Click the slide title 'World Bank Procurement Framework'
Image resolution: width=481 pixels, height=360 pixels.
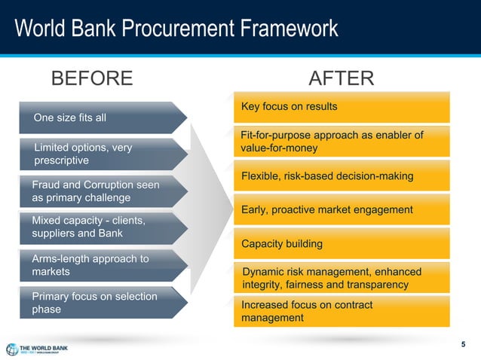tap(176, 29)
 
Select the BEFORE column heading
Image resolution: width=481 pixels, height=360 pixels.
tap(91, 78)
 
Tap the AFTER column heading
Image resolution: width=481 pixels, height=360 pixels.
tap(341, 78)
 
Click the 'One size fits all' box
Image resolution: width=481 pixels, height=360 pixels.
tap(98, 117)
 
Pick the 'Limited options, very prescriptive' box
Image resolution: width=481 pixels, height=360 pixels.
tap(98, 154)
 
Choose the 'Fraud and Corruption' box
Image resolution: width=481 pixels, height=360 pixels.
tap(98, 191)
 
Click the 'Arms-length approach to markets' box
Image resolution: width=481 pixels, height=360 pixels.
tap(98, 265)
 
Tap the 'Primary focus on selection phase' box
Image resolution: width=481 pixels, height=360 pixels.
tap(98, 303)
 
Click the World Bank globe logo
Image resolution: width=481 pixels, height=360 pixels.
tap(13, 349)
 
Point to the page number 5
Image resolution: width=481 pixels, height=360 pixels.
tap(464, 345)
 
